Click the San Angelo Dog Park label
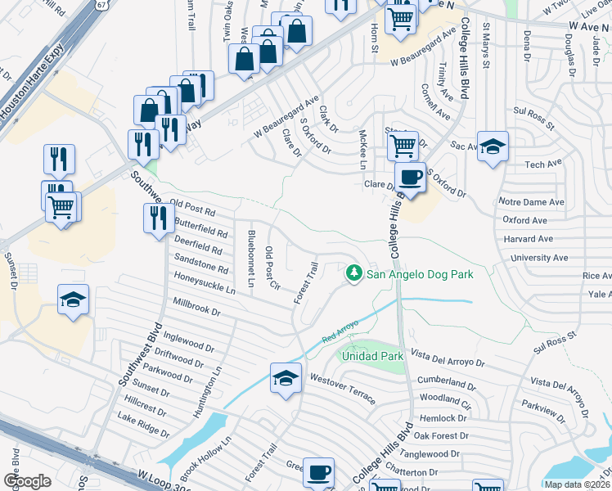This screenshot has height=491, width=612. (419, 275)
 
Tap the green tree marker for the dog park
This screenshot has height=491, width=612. (353, 273)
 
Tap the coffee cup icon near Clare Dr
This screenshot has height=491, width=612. (411, 177)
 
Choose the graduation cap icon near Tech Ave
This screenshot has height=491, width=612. (493, 147)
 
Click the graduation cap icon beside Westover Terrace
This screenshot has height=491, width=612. (285, 378)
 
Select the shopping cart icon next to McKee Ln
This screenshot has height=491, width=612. (403, 146)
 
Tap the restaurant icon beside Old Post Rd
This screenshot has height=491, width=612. (157, 218)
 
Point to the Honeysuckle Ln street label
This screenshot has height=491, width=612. (203, 285)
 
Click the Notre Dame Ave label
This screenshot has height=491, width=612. (533, 202)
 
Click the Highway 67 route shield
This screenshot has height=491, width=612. (101, 4)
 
